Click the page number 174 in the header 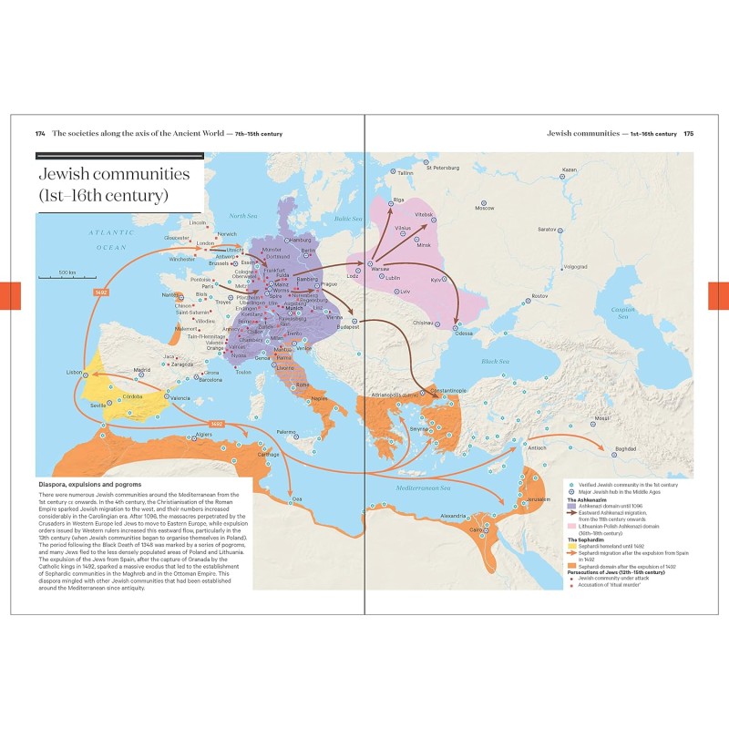[x=40, y=133]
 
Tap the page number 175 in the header [x=689, y=133]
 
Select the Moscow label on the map [x=484, y=208]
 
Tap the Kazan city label [x=569, y=169]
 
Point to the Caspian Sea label [x=623, y=313]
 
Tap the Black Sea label [x=496, y=362]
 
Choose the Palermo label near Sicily [x=287, y=431]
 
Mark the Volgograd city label [x=575, y=267]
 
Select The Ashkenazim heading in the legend [x=587, y=500]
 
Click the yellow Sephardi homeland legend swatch [x=571, y=548]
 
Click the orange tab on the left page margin [x=10, y=295]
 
